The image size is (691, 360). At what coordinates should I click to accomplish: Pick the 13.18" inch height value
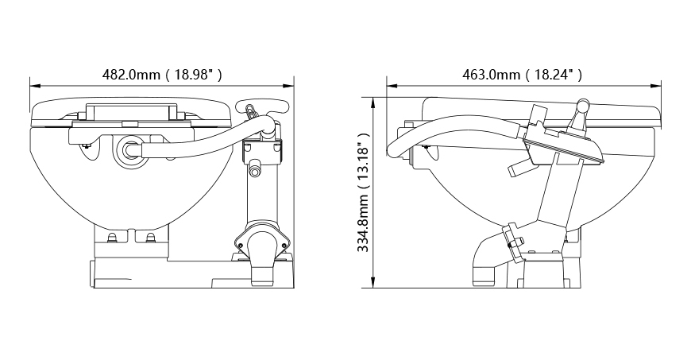(363, 161)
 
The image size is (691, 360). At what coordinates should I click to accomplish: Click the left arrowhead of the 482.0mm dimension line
(34, 86)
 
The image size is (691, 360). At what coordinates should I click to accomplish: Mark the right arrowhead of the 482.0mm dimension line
(289, 86)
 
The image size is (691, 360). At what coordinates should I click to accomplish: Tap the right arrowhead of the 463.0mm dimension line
(657, 86)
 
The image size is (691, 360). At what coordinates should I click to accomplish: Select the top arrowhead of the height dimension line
(374, 103)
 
